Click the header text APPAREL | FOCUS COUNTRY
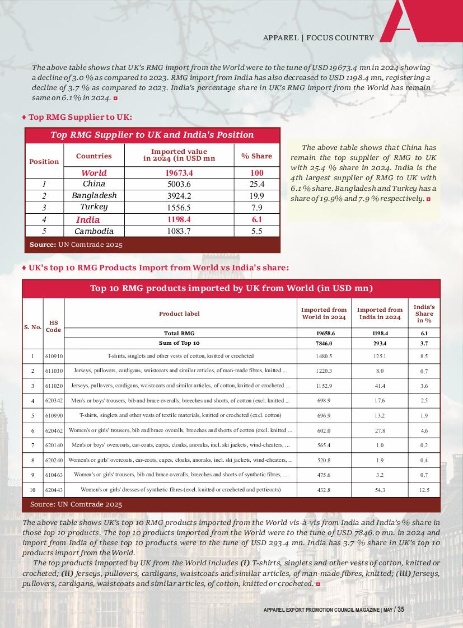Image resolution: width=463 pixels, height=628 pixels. (x=319, y=38)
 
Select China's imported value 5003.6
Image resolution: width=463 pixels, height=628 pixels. (x=179, y=184)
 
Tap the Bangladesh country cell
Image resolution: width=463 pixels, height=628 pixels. (x=94, y=196)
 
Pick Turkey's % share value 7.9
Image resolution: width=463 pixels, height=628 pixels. (x=256, y=208)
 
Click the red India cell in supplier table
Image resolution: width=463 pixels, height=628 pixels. (x=88, y=220)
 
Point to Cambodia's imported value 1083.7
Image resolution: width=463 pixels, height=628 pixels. (x=179, y=232)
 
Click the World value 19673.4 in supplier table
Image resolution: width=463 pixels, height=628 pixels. (x=179, y=173)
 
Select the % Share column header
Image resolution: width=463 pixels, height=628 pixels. (x=256, y=156)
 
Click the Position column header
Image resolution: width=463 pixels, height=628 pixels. (x=44, y=161)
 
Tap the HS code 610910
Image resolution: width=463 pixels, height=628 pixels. (x=54, y=356)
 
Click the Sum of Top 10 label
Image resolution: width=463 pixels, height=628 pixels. (x=179, y=343)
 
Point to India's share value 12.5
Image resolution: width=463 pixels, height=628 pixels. (x=424, y=490)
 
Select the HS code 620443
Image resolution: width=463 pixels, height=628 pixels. (x=54, y=490)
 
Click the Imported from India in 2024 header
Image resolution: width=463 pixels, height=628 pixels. (x=380, y=313)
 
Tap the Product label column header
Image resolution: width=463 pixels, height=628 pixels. (x=179, y=313)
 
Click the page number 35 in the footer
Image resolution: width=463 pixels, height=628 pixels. (x=400, y=610)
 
